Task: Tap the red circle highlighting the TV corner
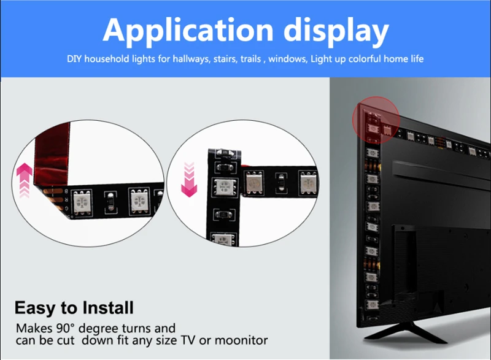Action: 376,119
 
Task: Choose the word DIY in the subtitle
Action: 75,59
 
